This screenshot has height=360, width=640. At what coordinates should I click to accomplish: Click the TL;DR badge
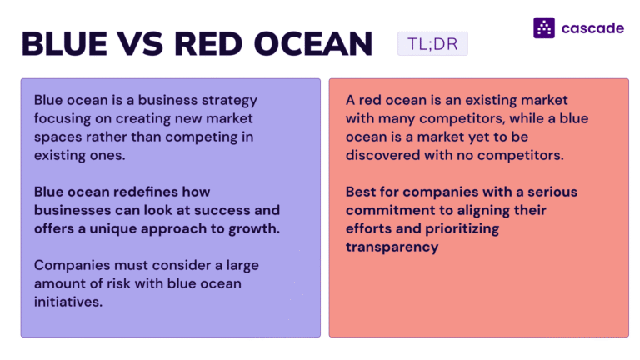[x=432, y=43]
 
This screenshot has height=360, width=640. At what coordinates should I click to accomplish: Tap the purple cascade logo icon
[x=544, y=27]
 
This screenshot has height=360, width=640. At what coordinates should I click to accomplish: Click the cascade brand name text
[x=592, y=27]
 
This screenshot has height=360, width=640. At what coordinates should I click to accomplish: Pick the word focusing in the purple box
[x=61, y=118]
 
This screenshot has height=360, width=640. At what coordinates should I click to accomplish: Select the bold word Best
[x=361, y=192]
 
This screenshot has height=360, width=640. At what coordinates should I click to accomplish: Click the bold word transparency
[x=391, y=247]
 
